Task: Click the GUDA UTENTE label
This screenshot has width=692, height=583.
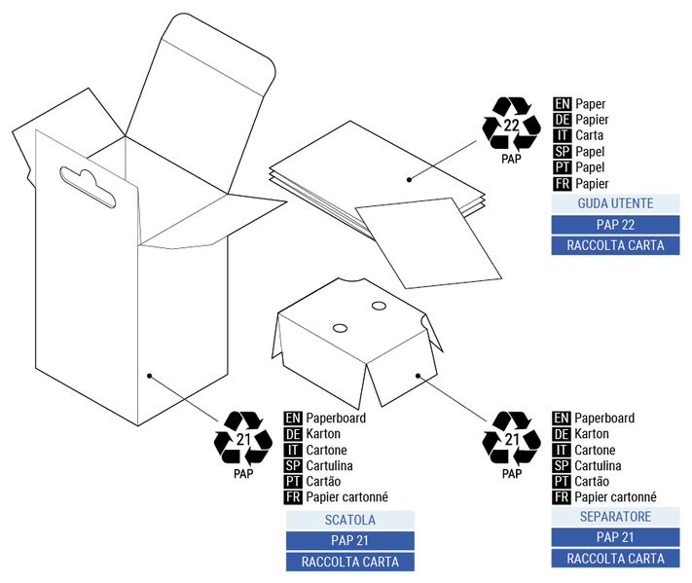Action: click(x=615, y=204)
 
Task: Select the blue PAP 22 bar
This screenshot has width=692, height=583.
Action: click(x=615, y=225)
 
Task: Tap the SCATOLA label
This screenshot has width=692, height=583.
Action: click(x=349, y=520)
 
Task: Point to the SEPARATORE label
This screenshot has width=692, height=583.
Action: click(x=615, y=517)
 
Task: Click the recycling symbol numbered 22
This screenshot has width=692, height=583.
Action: click(x=511, y=124)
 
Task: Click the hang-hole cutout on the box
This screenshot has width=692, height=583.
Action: click(x=88, y=186)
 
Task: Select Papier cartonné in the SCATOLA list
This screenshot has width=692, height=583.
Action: click(x=346, y=497)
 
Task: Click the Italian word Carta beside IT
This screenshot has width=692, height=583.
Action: click(x=590, y=135)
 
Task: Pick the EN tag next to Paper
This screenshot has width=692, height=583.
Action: click(x=562, y=103)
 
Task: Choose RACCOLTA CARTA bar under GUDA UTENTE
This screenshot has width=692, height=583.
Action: click(x=615, y=245)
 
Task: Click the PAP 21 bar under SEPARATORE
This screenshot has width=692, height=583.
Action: click(x=615, y=537)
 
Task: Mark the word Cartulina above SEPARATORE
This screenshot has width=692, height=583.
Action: click(x=600, y=466)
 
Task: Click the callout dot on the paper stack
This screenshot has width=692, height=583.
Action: click(x=410, y=179)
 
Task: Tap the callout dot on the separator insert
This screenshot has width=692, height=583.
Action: click(x=418, y=375)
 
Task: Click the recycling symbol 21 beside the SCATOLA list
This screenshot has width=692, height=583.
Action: click(x=242, y=439)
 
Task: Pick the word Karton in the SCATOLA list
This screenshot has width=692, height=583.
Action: click(x=321, y=434)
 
